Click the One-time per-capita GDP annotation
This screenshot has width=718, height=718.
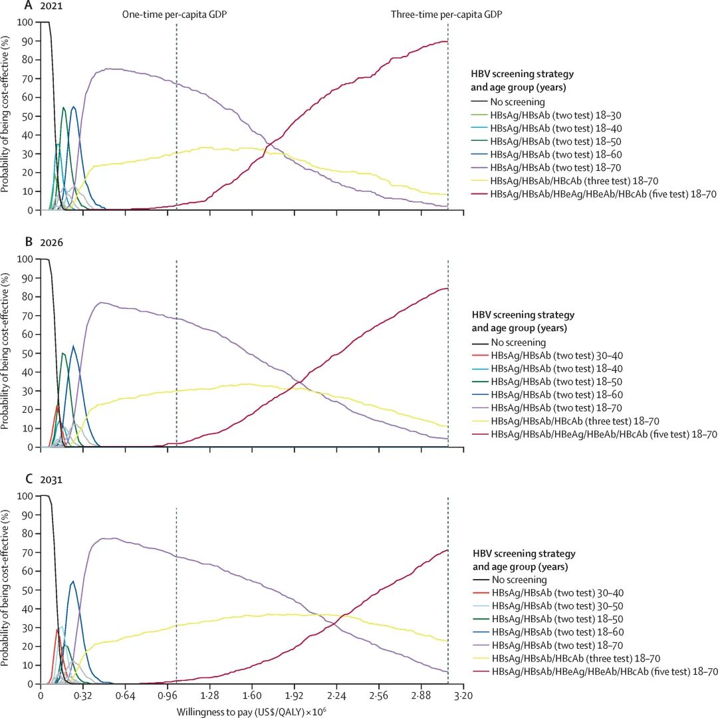pyautogui.click(x=175, y=15)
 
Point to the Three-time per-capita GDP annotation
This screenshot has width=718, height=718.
pyautogui.click(x=446, y=15)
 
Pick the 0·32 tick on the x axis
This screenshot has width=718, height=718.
pyautogui.click(x=82, y=695)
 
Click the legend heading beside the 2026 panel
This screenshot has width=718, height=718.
pyautogui.click(x=523, y=321)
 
